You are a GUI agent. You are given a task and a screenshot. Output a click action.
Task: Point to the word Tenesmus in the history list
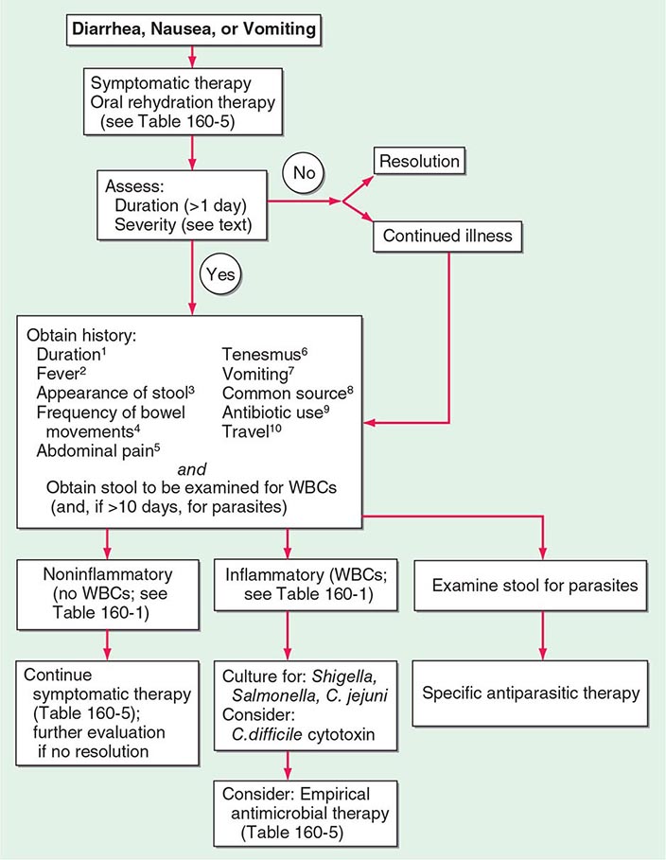(266, 353)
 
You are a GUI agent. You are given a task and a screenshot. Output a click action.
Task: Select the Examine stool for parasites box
(535, 586)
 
